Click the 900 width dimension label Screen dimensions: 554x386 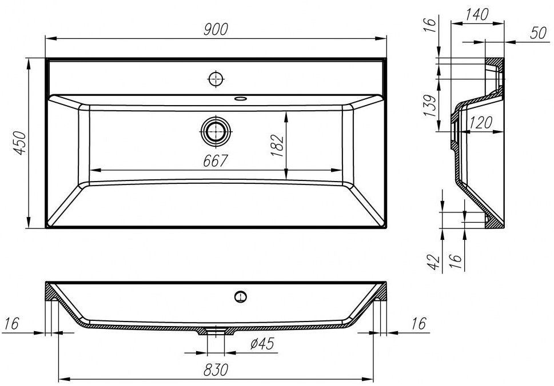pyautogui.click(x=216, y=29)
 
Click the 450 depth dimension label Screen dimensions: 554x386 pyautogui.click(x=20, y=143)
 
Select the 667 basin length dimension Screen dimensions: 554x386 pyautogui.click(x=215, y=161)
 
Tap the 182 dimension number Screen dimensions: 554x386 pyautogui.click(x=277, y=146)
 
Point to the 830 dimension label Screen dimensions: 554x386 pyautogui.click(x=216, y=370)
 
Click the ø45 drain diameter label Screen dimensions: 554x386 pyautogui.click(x=262, y=343)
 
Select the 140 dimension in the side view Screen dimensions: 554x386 pyautogui.click(x=477, y=14)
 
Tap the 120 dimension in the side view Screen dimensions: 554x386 pyautogui.click(x=480, y=122)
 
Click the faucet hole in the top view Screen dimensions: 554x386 pyautogui.click(x=216, y=79)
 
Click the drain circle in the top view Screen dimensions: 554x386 pyautogui.click(x=216, y=131)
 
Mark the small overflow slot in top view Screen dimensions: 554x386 pyautogui.click(x=241, y=98)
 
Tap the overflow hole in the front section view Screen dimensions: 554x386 pyautogui.click(x=241, y=297)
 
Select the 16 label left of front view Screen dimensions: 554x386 pyautogui.click(x=11, y=323)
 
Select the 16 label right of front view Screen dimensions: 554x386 pyautogui.click(x=419, y=324)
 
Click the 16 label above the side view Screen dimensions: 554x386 pyautogui.click(x=429, y=25)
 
